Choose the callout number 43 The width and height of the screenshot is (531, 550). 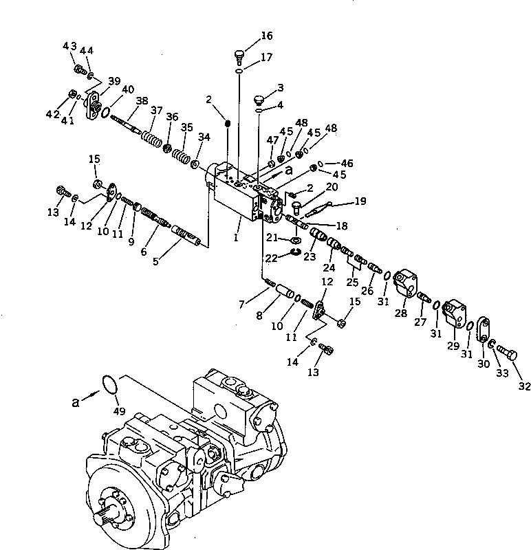pyautogui.click(x=69, y=45)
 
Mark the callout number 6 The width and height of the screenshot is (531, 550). pyautogui.click(x=143, y=252)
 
